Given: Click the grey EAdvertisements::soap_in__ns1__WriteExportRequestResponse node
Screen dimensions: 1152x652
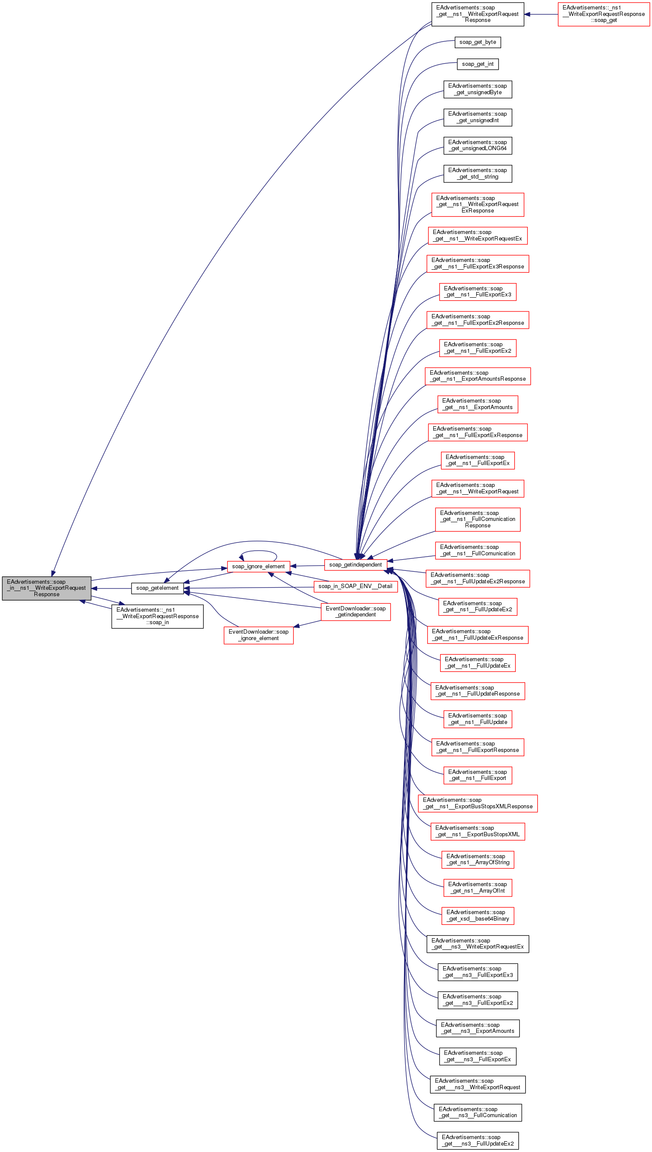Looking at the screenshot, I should coord(46,588).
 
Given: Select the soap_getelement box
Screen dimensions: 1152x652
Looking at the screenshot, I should coord(157,588).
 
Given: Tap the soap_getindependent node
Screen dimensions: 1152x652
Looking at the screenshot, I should coord(355,564).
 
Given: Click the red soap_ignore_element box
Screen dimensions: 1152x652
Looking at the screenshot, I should coord(258,567).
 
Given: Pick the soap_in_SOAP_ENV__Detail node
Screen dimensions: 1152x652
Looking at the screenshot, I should coord(355,586).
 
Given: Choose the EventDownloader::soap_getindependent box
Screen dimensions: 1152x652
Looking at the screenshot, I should coord(355,612).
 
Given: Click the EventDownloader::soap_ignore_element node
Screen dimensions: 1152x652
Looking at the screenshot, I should coord(258,635).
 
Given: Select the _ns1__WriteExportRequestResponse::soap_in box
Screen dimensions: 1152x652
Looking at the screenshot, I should coord(157,616).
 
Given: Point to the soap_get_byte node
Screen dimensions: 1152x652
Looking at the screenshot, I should coord(478,42).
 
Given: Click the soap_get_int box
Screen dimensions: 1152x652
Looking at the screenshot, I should coord(478,64).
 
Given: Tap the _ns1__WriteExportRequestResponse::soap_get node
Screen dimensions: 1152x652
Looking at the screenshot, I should coord(603,14).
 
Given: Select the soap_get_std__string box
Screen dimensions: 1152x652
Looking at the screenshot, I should coord(478,173).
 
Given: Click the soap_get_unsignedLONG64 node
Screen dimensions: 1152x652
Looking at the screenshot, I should coord(478,145).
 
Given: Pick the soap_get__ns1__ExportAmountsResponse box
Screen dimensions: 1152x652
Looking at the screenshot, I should coord(478,376).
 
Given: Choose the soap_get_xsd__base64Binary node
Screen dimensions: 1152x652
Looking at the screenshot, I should coord(478,915).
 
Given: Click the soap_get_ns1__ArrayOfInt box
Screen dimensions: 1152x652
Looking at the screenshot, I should coord(478,887).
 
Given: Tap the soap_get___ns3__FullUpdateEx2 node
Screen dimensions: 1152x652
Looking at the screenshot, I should coord(478,1140).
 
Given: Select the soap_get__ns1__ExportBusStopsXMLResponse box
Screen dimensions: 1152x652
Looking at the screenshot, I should coord(478,803).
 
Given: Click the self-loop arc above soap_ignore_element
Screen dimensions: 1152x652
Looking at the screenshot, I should coord(258,551).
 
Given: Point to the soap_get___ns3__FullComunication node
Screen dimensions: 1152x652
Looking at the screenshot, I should coord(478,1112).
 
